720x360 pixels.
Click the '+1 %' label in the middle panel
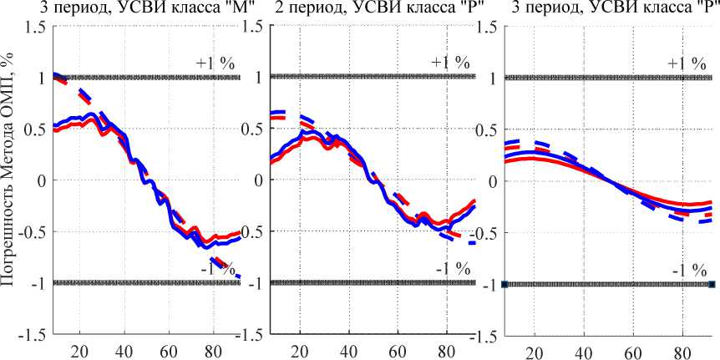450,63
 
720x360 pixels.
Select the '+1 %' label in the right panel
687,63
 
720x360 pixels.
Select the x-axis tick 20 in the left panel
80,350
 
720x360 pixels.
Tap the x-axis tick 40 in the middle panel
359,350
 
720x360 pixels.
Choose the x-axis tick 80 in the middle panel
447,350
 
